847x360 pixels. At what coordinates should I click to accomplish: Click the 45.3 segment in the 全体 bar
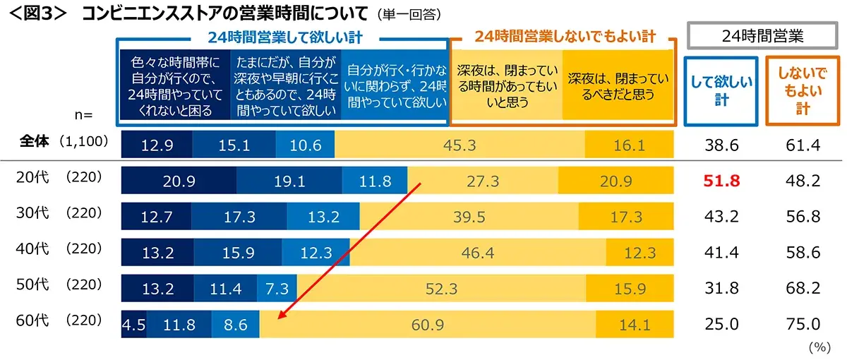459,145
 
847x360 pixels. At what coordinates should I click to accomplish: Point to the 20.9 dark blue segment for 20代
179,181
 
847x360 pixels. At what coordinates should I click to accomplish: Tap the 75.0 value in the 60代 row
803,325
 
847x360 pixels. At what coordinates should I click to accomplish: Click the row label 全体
33,142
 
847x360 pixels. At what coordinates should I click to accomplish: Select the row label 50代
31,286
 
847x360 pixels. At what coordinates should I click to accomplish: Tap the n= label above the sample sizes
84,113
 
